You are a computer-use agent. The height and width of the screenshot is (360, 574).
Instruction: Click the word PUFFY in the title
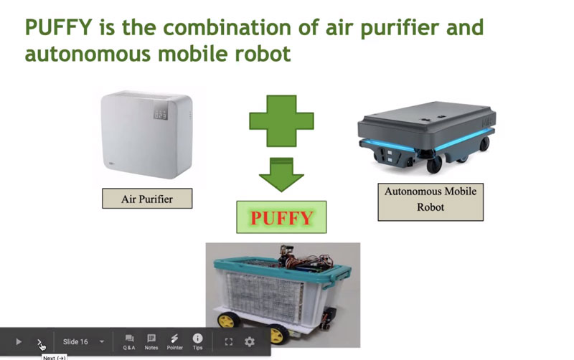click(x=59, y=27)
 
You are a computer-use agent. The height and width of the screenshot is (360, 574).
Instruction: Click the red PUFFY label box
click(x=281, y=217)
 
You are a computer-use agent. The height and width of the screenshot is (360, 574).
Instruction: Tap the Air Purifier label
click(x=147, y=199)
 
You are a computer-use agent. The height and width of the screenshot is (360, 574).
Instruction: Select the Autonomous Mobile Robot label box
click(x=430, y=202)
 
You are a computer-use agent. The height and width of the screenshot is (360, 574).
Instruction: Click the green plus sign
click(x=281, y=120)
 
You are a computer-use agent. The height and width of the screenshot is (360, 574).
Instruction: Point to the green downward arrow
click(x=281, y=174)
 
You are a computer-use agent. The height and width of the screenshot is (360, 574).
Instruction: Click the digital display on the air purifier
click(x=160, y=115)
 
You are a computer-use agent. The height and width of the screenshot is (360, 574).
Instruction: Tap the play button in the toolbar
click(x=19, y=341)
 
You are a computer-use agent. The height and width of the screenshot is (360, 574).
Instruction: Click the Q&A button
click(x=129, y=342)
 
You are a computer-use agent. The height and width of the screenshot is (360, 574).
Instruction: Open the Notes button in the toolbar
click(x=151, y=342)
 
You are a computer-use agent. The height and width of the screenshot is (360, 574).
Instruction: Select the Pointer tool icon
click(x=174, y=342)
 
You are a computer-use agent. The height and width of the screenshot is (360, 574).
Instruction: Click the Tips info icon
click(x=198, y=342)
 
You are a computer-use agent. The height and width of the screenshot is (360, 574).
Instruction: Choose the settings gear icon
click(x=249, y=341)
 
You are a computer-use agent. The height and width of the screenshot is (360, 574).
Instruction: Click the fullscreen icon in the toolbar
click(x=228, y=341)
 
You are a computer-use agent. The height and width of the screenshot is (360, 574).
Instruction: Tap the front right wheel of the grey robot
click(x=434, y=166)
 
